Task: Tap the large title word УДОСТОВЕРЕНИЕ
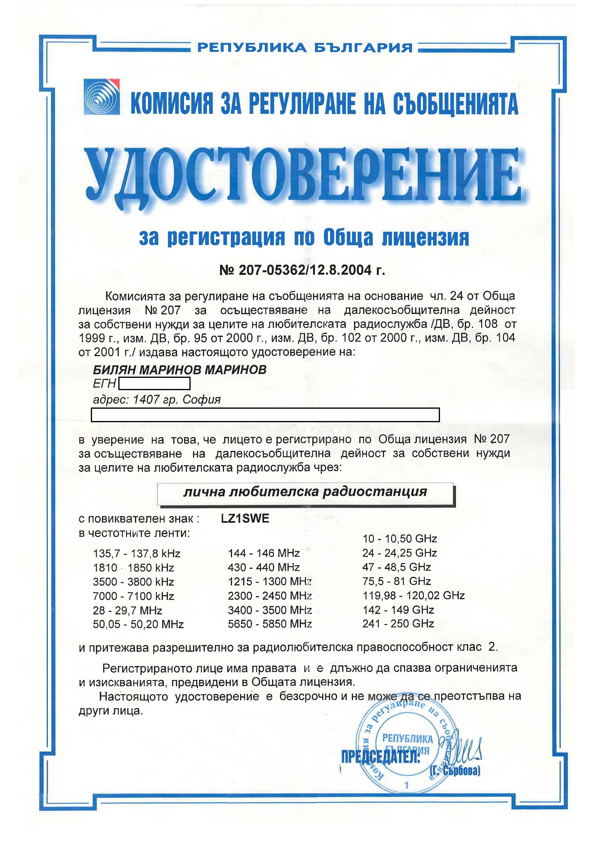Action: (303, 178)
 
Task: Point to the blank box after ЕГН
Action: (154, 383)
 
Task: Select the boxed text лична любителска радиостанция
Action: (305, 492)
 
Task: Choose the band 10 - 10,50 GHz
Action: (399, 539)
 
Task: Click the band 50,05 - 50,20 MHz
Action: (138, 624)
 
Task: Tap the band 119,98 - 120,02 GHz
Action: (413, 595)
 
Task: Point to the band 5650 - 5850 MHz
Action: (270, 624)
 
